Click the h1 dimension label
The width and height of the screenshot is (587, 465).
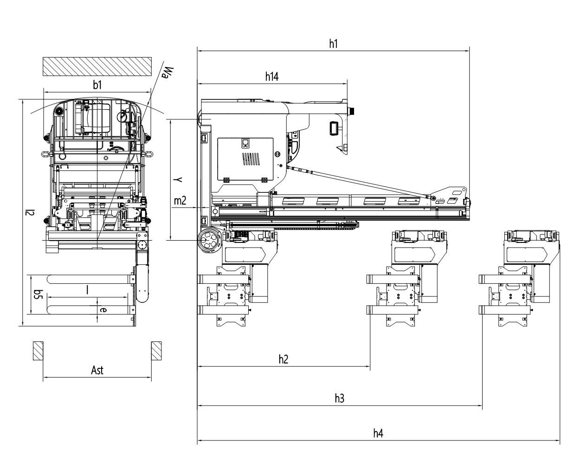pyautogui.click(x=333, y=44)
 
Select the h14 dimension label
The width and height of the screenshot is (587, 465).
pyautogui.click(x=272, y=77)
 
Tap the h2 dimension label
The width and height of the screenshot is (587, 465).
pyautogui.click(x=284, y=360)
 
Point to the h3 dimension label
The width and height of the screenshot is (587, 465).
pyautogui.click(x=340, y=399)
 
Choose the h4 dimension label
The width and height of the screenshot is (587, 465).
pyautogui.click(x=378, y=433)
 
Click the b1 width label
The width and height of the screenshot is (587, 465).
pyautogui.click(x=97, y=85)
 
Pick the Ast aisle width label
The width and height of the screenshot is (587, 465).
pyautogui.click(x=97, y=370)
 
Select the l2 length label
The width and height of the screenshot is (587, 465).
pyautogui.click(x=30, y=212)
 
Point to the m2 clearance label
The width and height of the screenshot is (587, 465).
pyautogui.click(x=180, y=201)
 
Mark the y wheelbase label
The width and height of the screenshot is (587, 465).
pyautogui.click(x=178, y=179)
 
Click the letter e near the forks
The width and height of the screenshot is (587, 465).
pyautogui.click(x=103, y=310)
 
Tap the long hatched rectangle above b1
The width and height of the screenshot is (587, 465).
pyautogui.click(x=97, y=66)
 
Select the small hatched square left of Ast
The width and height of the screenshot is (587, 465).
pyautogui.click(x=38, y=351)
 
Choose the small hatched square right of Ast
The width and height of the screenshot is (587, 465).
pyautogui.click(x=156, y=351)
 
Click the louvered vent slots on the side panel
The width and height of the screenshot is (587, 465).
pyautogui.click(x=251, y=159)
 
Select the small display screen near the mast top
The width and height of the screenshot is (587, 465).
pyautogui.click(x=334, y=128)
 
